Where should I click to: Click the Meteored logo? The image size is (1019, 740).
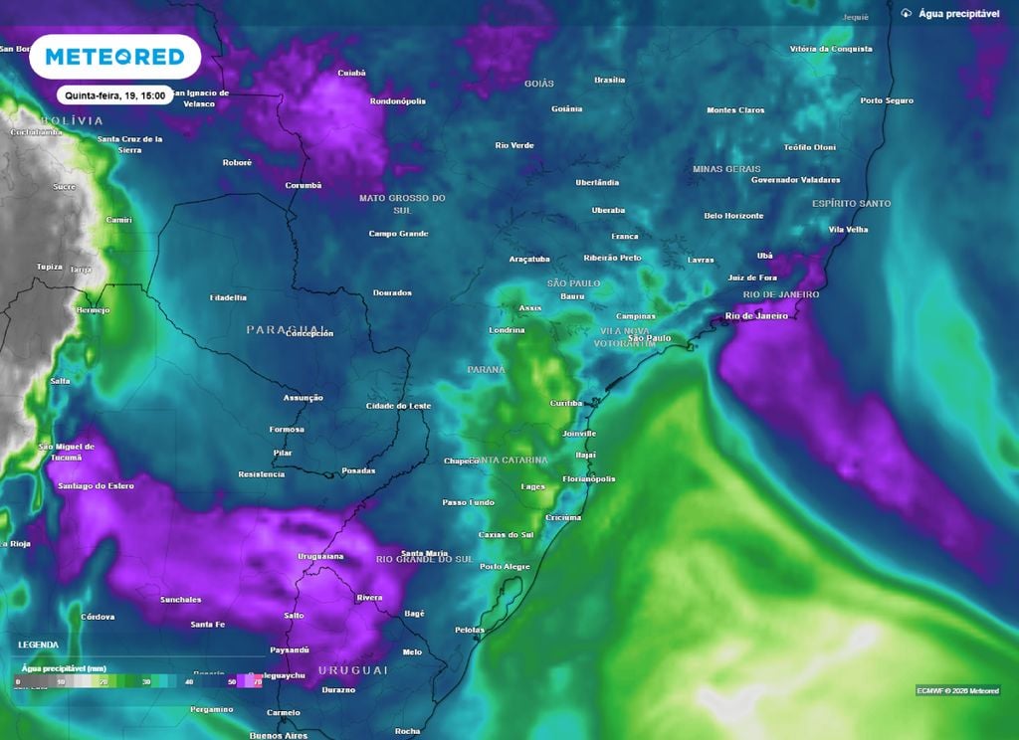pos(115,57)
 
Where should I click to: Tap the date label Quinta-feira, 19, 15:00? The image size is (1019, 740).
pos(115,96)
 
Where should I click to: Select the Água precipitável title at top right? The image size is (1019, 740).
pos(953,14)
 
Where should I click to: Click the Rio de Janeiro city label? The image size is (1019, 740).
pos(756,316)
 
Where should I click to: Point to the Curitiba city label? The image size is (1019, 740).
pos(566,403)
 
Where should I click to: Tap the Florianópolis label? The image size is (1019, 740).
pos(589,478)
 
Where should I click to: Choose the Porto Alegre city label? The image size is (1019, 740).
pos(505,566)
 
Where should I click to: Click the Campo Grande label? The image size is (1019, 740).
pos(398,234)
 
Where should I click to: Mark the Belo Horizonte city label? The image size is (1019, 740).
pos(733,216)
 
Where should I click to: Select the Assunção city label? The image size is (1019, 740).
pos(304,398)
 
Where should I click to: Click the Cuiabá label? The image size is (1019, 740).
pos(351,73)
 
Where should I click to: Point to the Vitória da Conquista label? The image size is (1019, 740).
pos(831,49)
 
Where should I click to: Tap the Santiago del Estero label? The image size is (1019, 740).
pos(96,484)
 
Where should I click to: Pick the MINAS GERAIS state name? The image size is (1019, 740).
pos(726,169)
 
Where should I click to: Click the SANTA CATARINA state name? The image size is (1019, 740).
pos(509,461)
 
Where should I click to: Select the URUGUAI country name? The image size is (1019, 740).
pos(352,670)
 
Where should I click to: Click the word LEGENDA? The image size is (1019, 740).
pos(37,645)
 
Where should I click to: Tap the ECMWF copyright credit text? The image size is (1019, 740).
pos(957,690)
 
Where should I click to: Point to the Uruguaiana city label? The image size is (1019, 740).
pos(320,556)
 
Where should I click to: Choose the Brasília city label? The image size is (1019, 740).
pos(609,80)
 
